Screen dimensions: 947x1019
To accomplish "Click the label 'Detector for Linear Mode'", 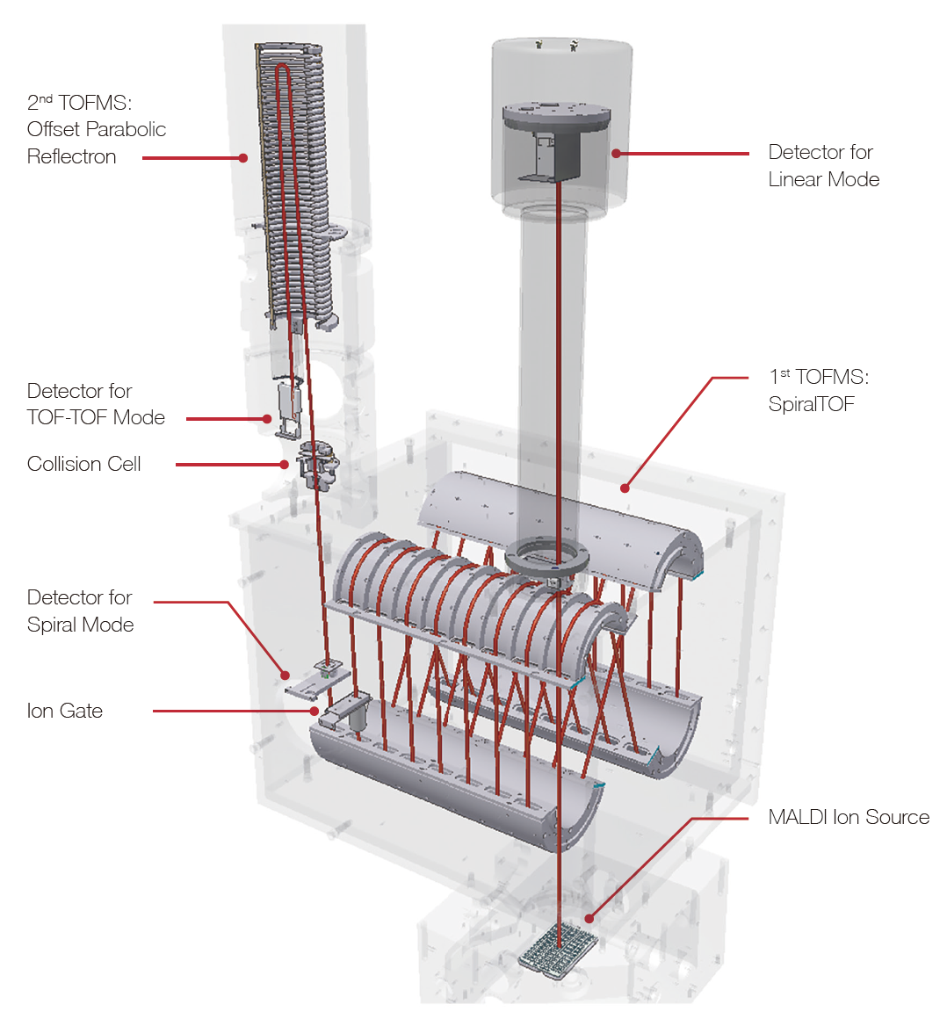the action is [x=823, y=166].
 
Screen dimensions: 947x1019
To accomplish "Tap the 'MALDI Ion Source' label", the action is [x=849, y=817].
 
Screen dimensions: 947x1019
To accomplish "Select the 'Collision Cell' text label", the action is [x=83, y=464].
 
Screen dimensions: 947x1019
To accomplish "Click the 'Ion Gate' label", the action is [x=65, y=711].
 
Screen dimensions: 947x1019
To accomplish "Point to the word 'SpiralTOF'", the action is [x=811, y=404].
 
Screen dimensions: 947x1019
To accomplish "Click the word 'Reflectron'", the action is [x=71, y=156].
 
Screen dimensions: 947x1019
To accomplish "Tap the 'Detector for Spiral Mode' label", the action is [x=81, y=611].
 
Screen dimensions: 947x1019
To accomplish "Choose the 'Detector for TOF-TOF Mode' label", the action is [x=97, y=404].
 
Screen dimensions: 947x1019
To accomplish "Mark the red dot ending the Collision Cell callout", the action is [x=284, y=465].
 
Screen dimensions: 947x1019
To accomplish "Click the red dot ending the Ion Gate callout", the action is [x=314, y=711].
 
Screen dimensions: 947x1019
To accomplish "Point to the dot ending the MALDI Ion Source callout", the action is [x=589, y=918].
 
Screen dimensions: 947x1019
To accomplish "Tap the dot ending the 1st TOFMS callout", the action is [x=625, y=488].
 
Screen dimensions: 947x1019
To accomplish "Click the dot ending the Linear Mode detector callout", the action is [x=616, y=154].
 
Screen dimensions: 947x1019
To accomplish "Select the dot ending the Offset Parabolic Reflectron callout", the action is [x=243, y=158].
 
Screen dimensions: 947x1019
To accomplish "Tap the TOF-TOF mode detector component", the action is [x=289, y=408].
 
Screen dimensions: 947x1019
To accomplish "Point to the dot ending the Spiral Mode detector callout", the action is [x=285, y=676].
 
